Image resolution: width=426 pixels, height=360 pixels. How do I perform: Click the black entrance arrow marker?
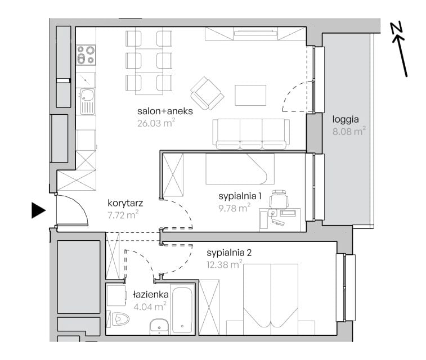point(38,210)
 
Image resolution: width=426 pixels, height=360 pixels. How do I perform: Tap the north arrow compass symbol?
point(399,49)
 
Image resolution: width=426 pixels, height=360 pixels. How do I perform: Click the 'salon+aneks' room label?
point(165,111)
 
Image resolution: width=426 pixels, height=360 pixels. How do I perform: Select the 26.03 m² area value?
point(156,123)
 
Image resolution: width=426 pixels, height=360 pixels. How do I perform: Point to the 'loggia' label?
point(346,119)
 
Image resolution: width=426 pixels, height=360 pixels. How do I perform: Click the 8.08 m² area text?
point(349,131)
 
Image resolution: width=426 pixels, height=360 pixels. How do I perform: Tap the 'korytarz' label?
point(125,203)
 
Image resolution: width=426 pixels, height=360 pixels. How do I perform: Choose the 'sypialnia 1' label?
point(240,196)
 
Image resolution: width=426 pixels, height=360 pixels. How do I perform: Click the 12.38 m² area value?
point(225,264)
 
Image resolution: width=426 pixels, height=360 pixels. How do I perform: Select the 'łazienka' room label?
point(151,295)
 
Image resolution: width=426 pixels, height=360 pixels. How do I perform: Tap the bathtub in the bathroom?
point(182,309)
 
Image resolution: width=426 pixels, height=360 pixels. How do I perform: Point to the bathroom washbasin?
point(159,327)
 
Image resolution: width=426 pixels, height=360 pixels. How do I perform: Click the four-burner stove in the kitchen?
point(86,55)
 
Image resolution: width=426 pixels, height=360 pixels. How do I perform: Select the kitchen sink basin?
point(87,94)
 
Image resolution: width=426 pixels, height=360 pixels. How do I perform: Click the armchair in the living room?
point(207,93)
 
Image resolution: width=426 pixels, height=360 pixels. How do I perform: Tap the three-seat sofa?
point(251,134)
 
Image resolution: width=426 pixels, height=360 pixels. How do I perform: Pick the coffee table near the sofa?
point(250,95)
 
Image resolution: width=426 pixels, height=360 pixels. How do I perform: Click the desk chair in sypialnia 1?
point(279,199)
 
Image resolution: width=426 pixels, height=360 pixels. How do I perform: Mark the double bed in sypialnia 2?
point(271,299)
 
